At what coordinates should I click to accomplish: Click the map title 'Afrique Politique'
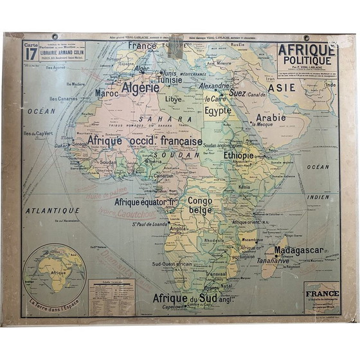pos(306,55)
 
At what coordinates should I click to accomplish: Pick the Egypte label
pos(218,111)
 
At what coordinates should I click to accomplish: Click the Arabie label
pos(271,118)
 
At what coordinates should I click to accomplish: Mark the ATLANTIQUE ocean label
pos(53,210)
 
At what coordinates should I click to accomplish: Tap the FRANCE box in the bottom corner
pos(321,298)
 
